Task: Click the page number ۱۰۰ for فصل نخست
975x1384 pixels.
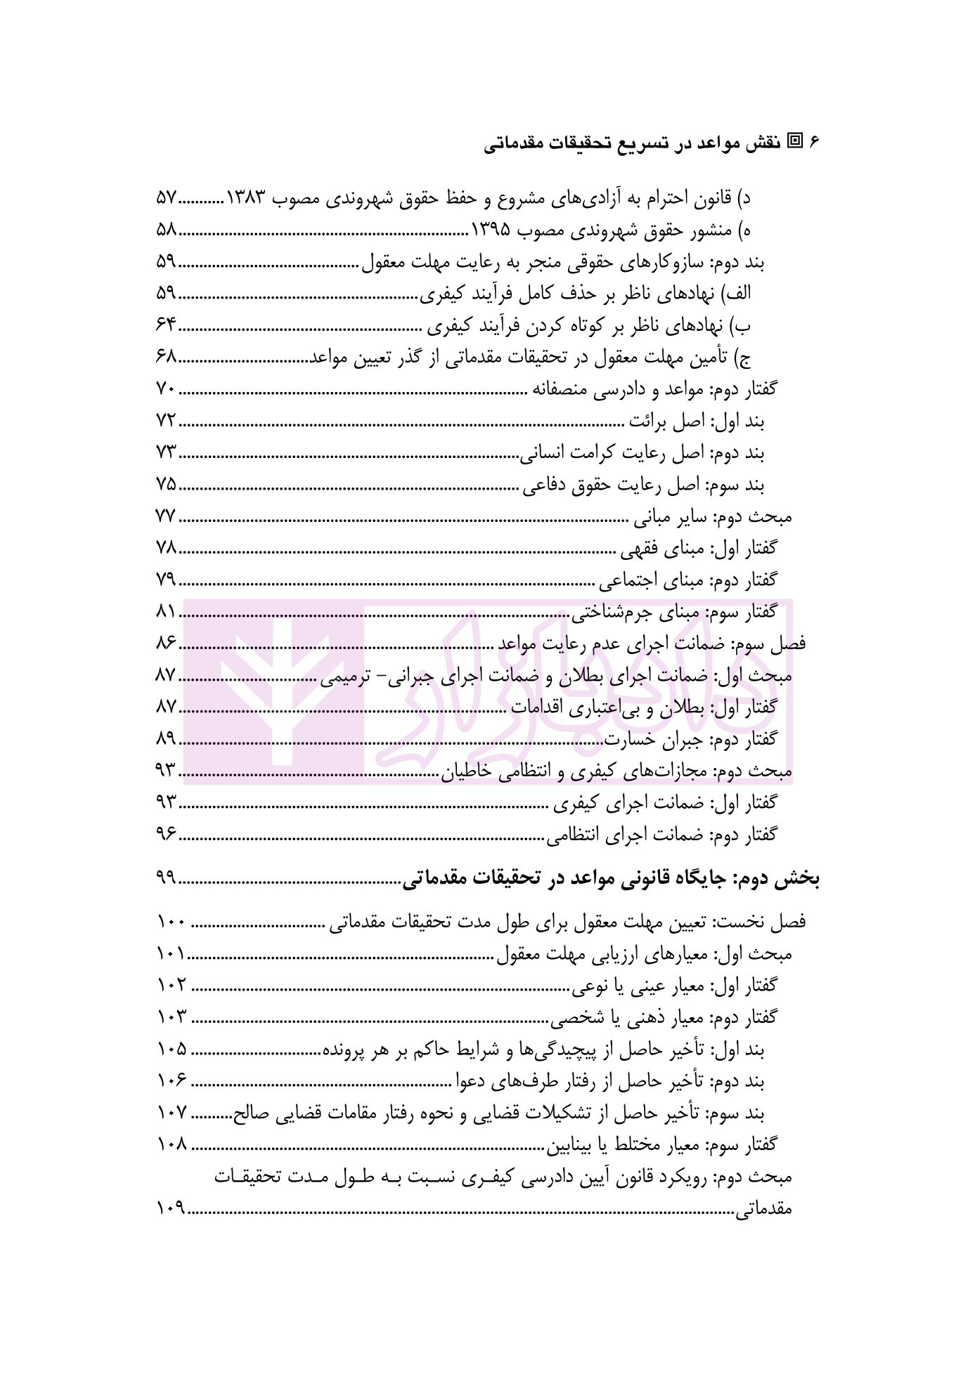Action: coord(172,922)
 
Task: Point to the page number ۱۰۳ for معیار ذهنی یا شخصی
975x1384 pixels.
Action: coord(172,1017)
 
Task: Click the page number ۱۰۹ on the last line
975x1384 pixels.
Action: coord(170,1208)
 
